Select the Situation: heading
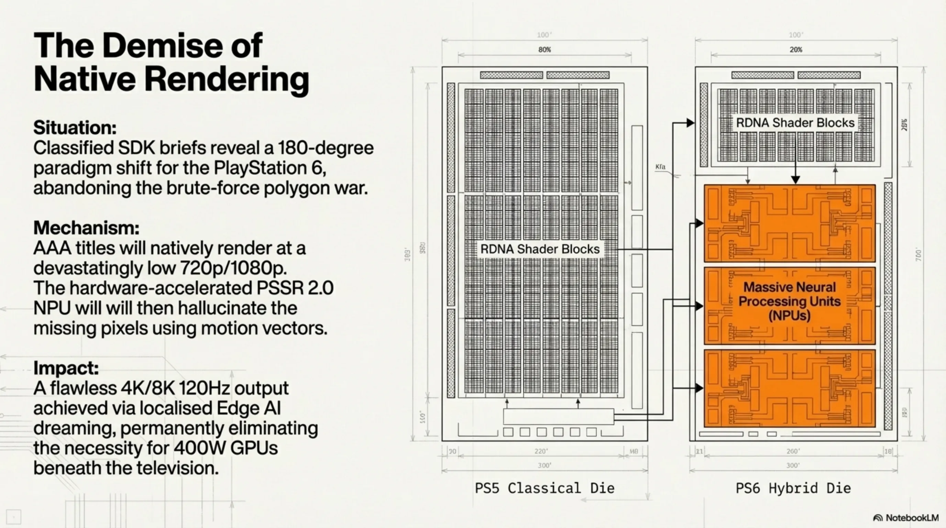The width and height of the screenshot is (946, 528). tap(75, 128)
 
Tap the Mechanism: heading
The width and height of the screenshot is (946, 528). tap(86, 228)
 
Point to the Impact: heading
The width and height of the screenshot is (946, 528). tap(66, 367)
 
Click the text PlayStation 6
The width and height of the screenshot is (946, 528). tap(270, 168)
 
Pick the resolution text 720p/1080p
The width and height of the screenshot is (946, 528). tap(233, 268)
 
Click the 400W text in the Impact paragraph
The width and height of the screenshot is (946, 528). tap(195, 448)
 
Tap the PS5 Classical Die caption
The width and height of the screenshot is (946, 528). tap(544, 488)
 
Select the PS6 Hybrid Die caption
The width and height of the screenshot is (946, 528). tap(793, 488)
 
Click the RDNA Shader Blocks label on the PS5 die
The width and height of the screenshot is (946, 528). tap(540, 249)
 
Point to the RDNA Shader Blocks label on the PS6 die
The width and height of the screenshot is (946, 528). tap(795, 123)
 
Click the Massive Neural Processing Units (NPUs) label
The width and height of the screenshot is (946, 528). tap(790, 301)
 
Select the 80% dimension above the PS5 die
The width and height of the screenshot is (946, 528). tap(544, 49)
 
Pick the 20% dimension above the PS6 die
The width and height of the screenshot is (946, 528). tap(796, 49)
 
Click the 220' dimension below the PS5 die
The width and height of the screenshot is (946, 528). tap(541, 451)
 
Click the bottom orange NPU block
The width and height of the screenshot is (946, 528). tap(790, 388)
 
